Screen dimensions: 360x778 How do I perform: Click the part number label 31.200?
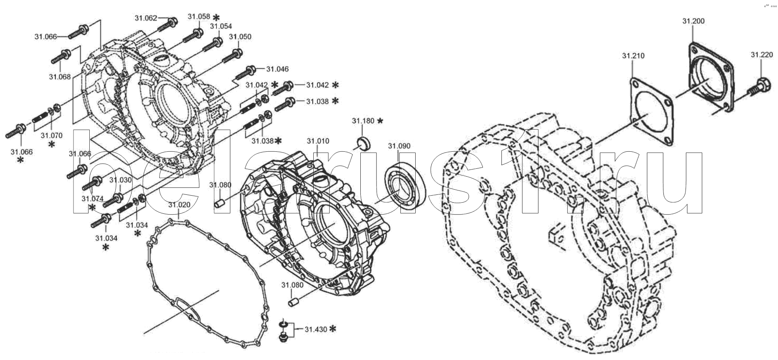pos(693,21)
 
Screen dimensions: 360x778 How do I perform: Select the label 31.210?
pos(633,56)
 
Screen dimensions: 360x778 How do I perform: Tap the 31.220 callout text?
pos(761,55)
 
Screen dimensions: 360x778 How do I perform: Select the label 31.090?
pos(399,146)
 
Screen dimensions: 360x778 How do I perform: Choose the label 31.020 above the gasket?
pos(179,205)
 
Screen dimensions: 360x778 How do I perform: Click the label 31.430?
pos(316,329)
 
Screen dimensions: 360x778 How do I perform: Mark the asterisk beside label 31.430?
pos(333,329)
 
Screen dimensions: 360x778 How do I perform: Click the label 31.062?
pos(146,18)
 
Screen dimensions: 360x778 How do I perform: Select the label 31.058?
pos(199,17)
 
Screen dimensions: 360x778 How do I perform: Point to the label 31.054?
pos(221,26)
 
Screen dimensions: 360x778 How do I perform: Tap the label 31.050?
pos(240,37)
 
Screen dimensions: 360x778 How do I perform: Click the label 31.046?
pos(277,69)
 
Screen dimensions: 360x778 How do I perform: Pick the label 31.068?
pos(60,76)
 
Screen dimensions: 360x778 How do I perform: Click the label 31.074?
pos(92,198)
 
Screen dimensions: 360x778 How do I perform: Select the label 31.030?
pos(121,180)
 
